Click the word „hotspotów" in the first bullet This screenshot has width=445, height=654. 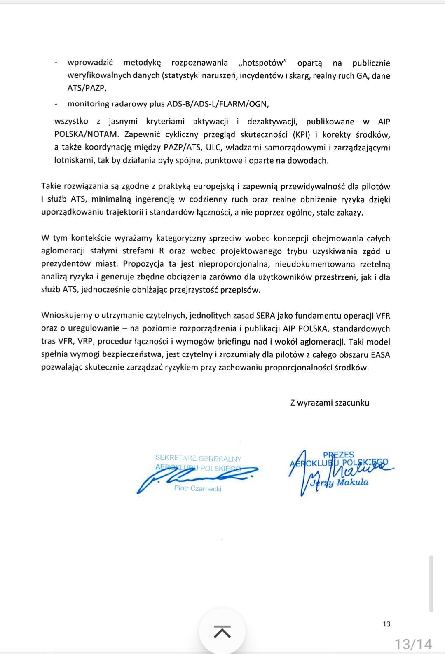[262, 63]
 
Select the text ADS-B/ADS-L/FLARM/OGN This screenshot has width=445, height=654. [218, 104]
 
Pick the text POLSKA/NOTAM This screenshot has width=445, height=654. [87, 135]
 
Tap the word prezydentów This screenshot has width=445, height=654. [66, 264]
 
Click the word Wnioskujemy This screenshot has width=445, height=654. [66, 316]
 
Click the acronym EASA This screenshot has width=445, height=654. [379, 354]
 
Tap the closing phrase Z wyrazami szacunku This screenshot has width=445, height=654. [330, 403]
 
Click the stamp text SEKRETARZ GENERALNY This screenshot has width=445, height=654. [198, 458]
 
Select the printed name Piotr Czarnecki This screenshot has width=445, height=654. [198, 488]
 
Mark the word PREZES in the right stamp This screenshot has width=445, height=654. [338, 455]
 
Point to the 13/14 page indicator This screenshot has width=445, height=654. [413, 644]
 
